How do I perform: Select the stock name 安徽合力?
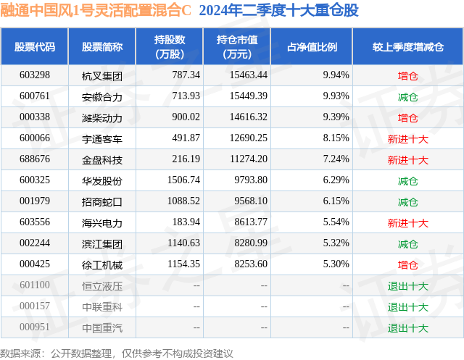tap(101, 96)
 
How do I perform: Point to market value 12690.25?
tap(247, 138)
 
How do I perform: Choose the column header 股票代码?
tap(35, 47)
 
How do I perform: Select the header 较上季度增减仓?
tap(407, 47)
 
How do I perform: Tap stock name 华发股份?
tap(101, 180)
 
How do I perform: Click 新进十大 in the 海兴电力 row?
tap(407, 222)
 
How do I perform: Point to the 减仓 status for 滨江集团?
tap(407, 243)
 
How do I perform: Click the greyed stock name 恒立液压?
tap(101, 285)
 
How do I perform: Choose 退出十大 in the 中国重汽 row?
tap(407, 327)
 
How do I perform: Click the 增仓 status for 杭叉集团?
tap(407, 75)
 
